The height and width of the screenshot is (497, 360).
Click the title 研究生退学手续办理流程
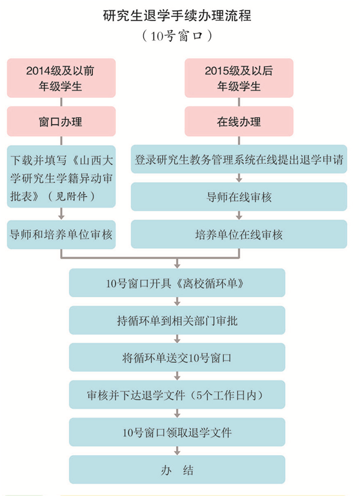(x=177, y=15)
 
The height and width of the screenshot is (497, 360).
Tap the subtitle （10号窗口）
(x=177, y=35)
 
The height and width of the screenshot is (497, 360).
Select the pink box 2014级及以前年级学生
(x=61, y=77)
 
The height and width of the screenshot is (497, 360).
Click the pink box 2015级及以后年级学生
(x=239, y=77)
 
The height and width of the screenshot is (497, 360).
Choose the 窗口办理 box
(x=61, y=121)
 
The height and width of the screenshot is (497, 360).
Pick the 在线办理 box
(x=239, y=121)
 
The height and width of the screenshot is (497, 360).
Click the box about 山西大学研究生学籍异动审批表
(x=61, y=177)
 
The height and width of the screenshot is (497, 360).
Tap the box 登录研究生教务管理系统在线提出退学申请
(x=239, y=159)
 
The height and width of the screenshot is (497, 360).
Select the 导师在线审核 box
(x=239, y=197)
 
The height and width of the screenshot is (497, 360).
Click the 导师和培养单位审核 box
(x=61, y=235)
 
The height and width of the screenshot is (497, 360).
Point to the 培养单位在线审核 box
(x=239, y=234)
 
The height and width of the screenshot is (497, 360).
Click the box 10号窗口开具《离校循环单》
(x=177, y=283)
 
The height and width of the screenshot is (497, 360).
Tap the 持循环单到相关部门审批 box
(x=177, y=320)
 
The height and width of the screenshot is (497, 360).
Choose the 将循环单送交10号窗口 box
(x=177, y=358)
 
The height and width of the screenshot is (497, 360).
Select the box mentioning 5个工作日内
(x=177, y=395)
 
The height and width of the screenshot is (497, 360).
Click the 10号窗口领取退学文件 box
(x=177, y=433)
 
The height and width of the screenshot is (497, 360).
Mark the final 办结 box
(x=177, y=470)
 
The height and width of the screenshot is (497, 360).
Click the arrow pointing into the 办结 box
(x=177, y=451)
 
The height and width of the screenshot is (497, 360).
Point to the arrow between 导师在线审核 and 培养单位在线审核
(x=239, y=215)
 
